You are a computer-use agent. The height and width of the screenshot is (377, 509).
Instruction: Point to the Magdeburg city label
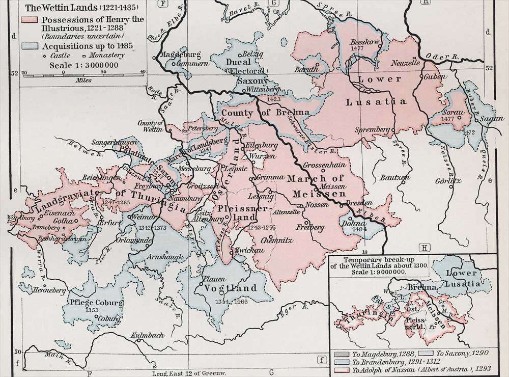pyautogui.click(x=180, y=55)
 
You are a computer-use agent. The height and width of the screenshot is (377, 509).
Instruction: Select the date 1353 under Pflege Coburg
pyautogui.click(x=93, y=310)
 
